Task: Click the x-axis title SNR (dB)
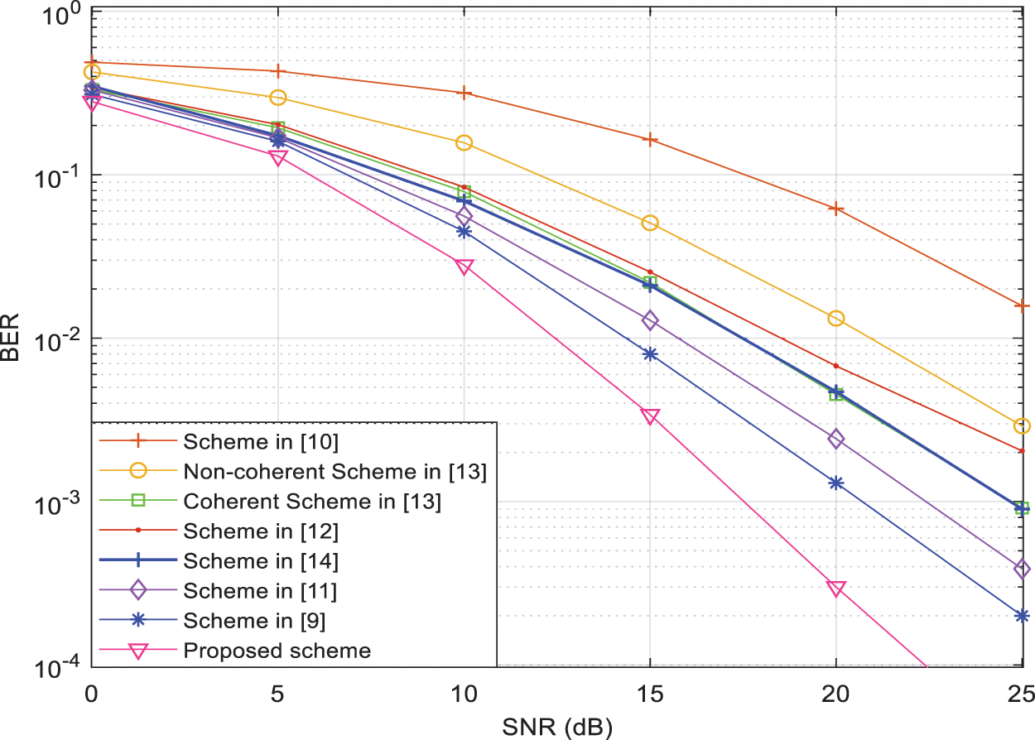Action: click(x=556, y=726)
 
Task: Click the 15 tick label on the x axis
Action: click(x=650, y=692)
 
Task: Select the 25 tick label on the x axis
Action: click(x=1022, y=692)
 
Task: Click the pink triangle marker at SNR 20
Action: click(x=836, y=589)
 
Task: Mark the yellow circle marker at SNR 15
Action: click(x=650, y=223)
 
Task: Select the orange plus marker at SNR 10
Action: click(x=465, y=93)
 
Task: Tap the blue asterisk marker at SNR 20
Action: click(x=836, y=483)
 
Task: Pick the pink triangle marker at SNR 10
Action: click(x=465, y=267)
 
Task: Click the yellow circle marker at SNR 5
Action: click(x=278, y=98)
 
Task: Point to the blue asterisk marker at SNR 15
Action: click(x=650, y=353)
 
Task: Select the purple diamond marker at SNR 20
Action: click(x=836, y=439)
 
